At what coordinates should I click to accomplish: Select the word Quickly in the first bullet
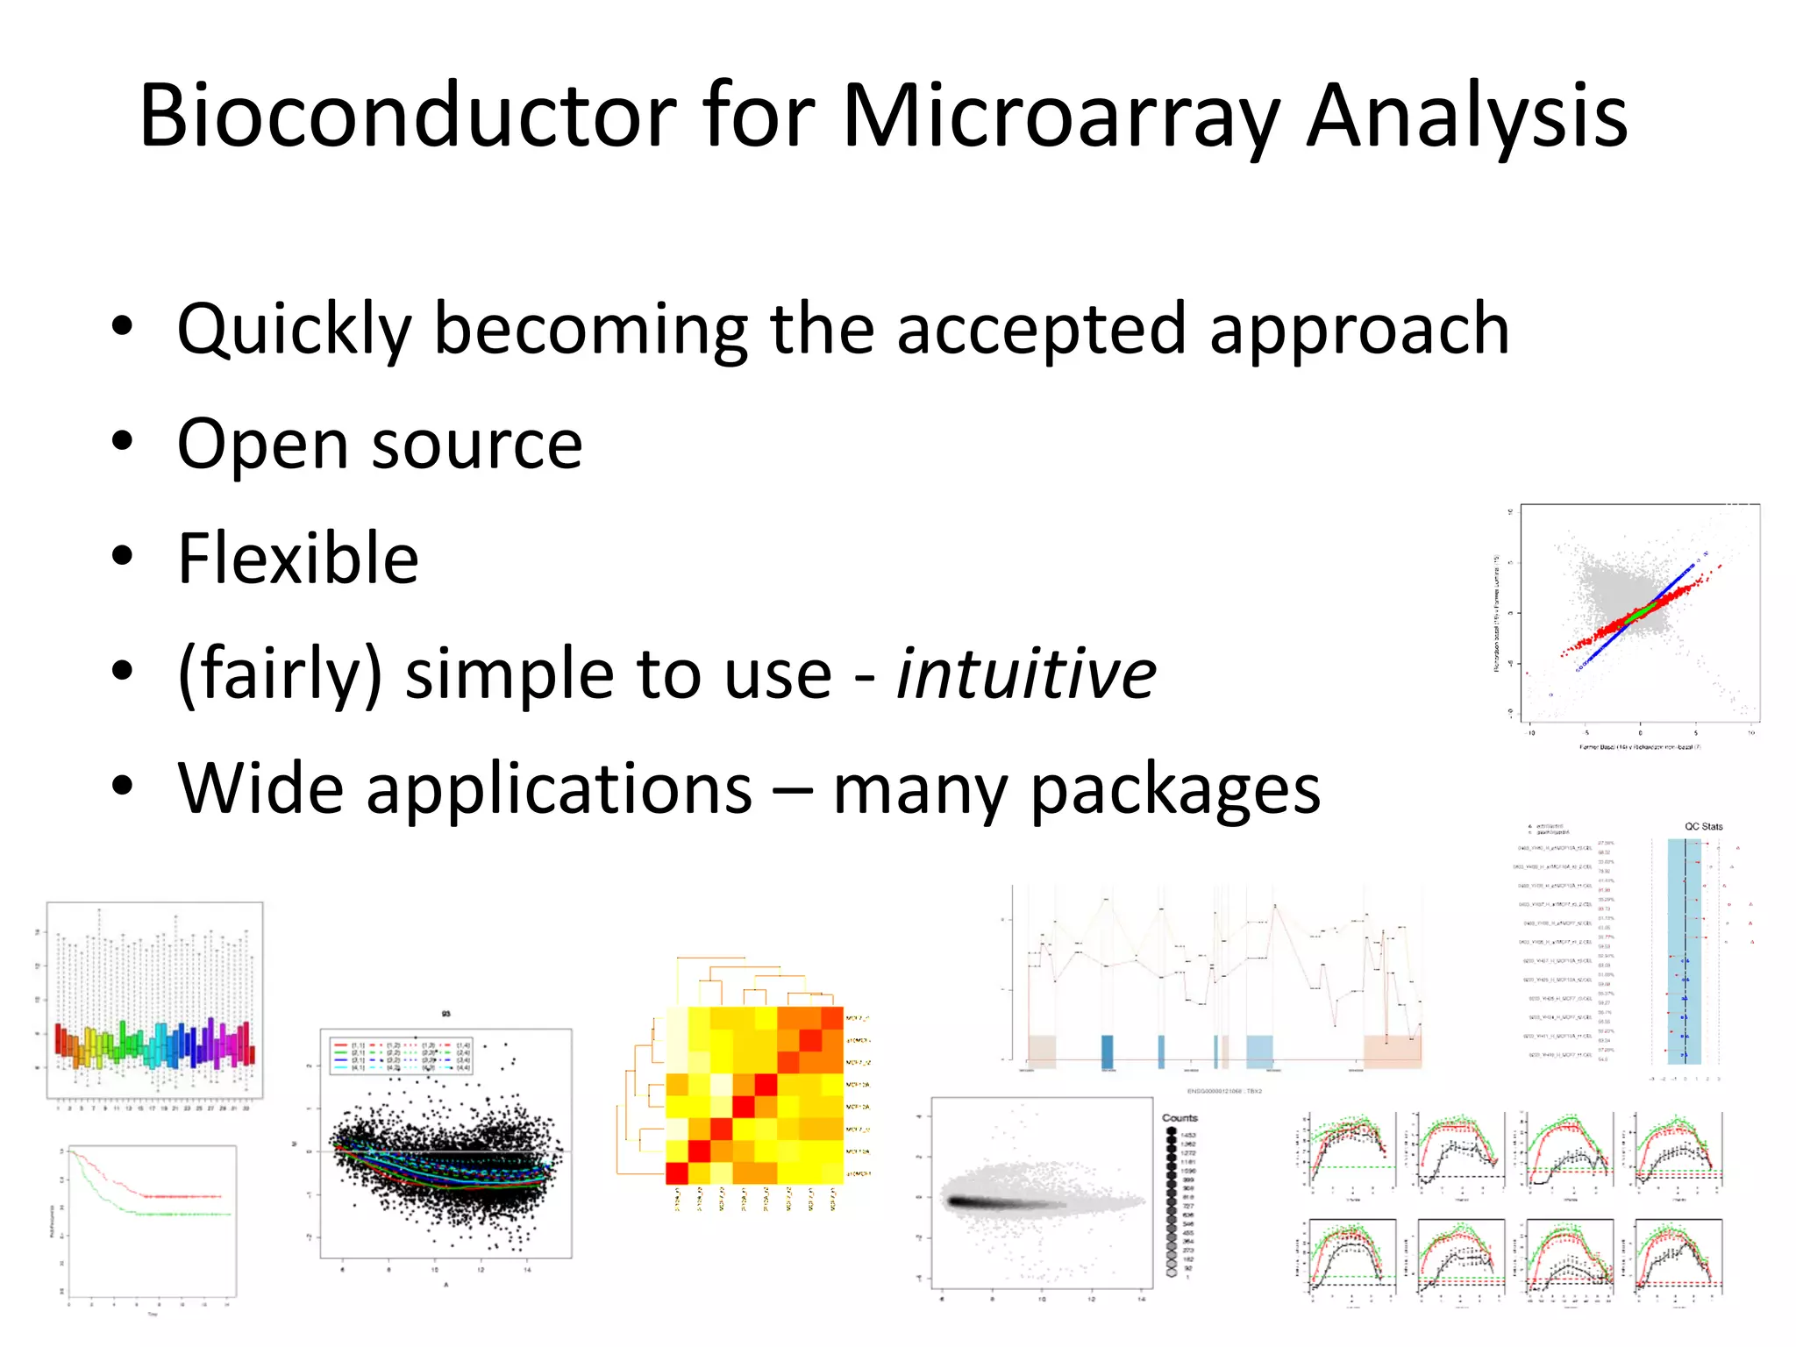294,330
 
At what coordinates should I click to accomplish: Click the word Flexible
298,559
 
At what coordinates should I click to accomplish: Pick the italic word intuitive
1025,673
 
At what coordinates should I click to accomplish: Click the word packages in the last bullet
1174,789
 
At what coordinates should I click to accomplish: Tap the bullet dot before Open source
122,441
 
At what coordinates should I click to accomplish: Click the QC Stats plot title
1703,826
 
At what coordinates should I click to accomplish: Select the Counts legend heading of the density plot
1180,1117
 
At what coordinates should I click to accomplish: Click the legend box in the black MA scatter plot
402,1055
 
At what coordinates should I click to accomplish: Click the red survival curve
175,1195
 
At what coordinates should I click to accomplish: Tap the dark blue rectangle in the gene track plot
1107,1051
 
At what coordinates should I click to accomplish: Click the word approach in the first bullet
1359,330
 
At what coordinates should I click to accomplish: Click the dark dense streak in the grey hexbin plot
991,1202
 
